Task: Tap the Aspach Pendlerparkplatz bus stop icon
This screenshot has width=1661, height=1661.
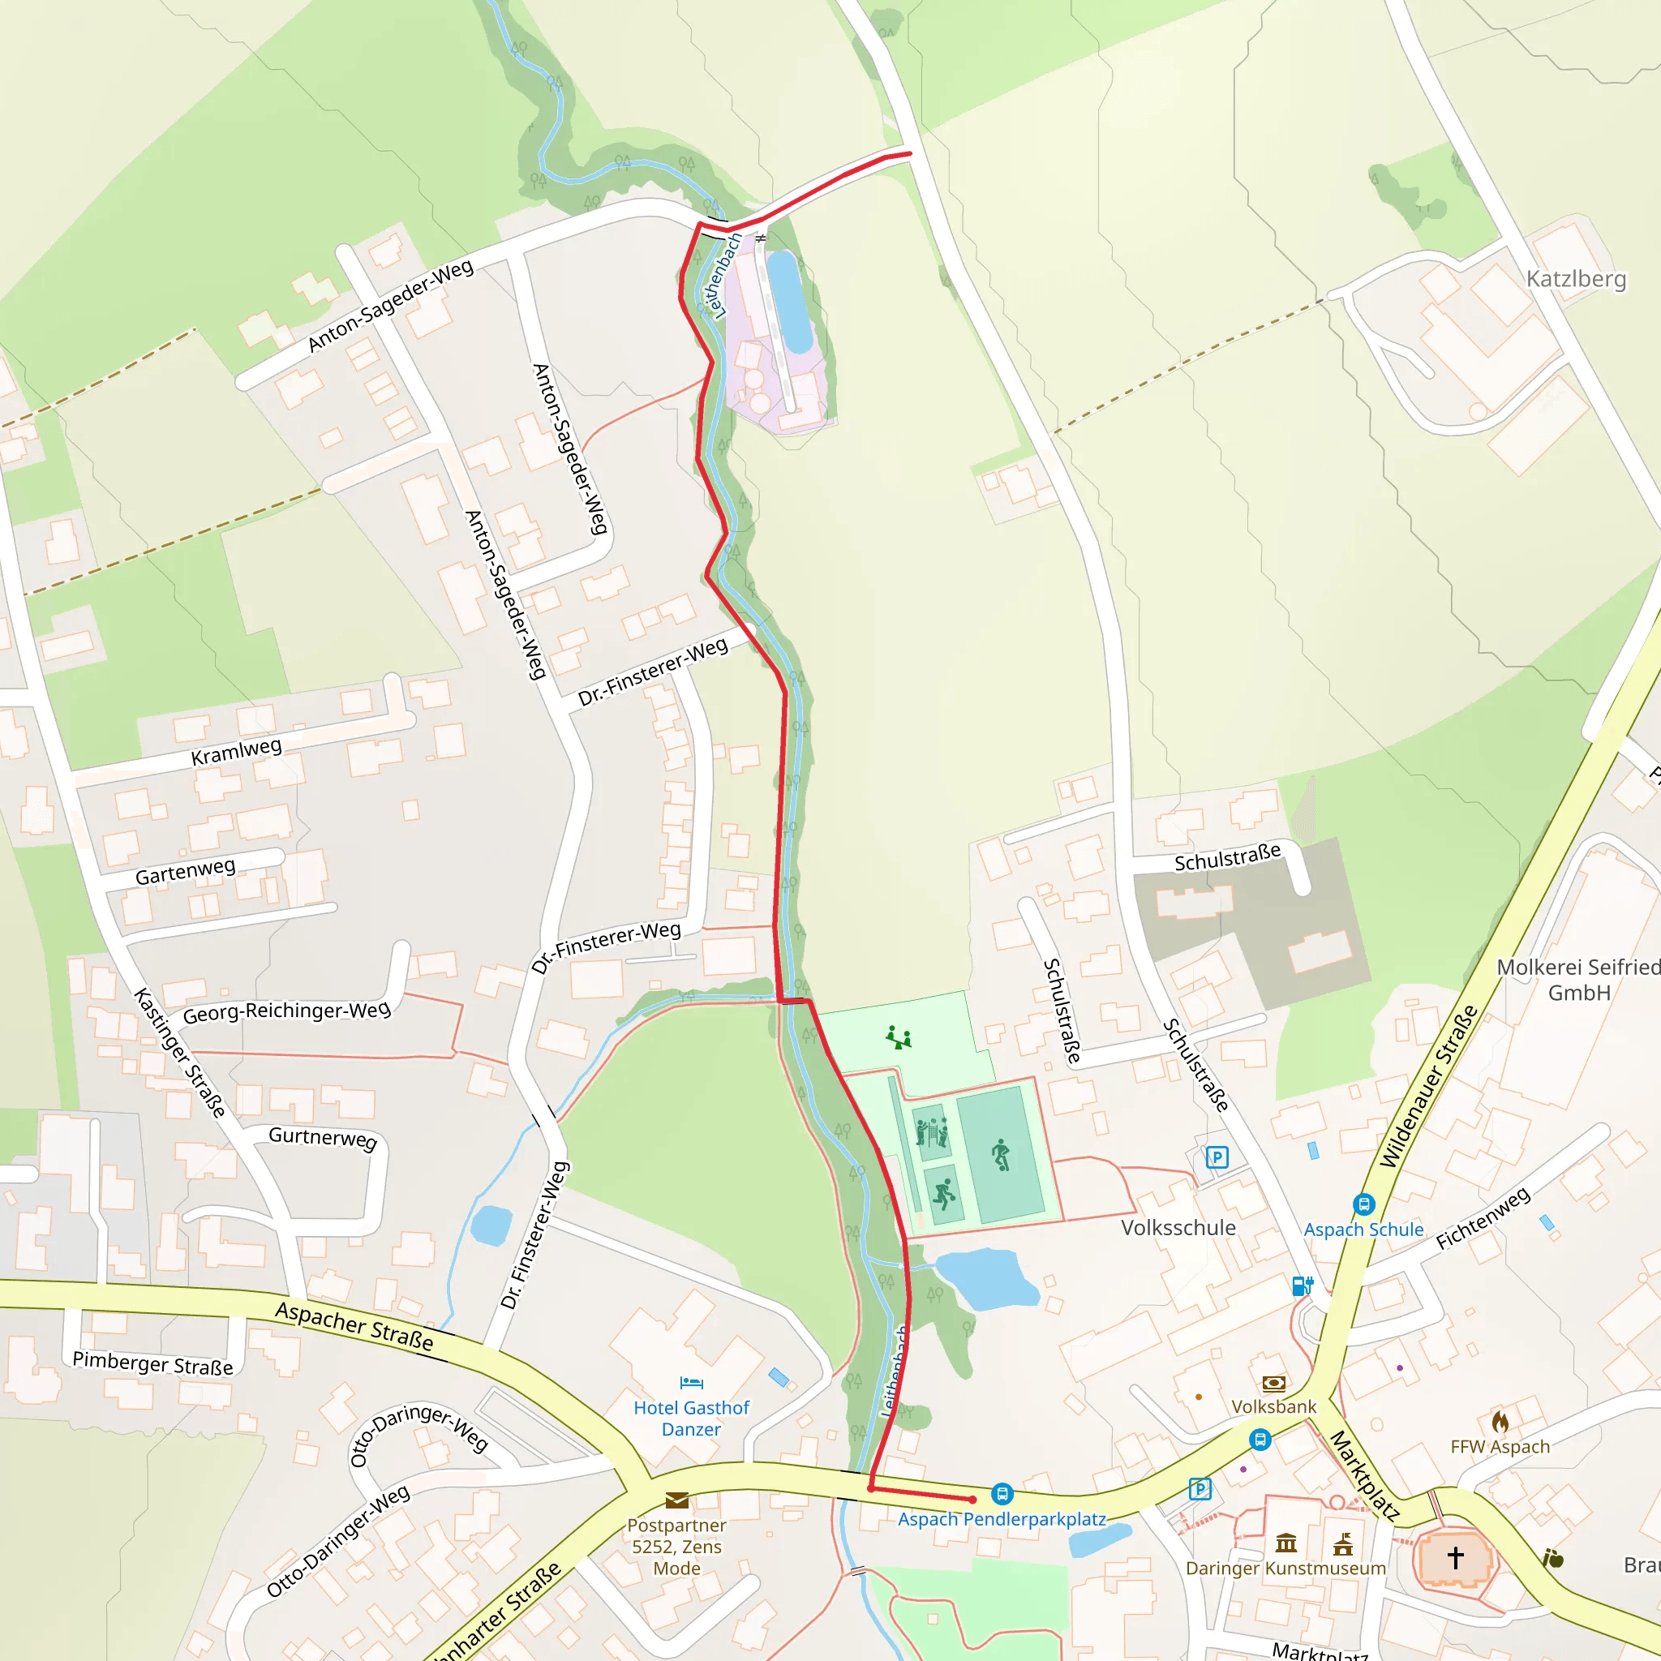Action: click(x=1002, y=1493)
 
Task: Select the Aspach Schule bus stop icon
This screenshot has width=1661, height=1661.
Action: click(x=1363, y=1204)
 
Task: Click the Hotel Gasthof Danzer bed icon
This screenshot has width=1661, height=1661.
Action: click(x=691, y=1384)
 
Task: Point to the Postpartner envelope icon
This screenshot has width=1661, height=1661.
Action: click(x=676, y=1500)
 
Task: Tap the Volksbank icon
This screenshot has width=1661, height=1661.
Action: click(x=1273, y=1384)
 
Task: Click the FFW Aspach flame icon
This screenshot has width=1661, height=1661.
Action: click(x=1500, y=1422)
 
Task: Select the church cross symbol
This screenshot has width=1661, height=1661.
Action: click(x=1455, y=1557)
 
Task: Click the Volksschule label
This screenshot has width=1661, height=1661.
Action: click(x=1178, y=1228)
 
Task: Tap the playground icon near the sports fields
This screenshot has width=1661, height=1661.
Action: click(x=899, y=1037)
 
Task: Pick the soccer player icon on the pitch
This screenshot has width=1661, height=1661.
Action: click(x=1000, y=1155)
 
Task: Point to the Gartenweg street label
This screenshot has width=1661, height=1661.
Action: click(x=185, y=872)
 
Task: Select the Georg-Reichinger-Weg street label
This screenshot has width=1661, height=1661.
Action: click(x=286, y=1011)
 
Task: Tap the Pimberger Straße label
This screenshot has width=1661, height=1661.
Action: click(x=152, y=1363)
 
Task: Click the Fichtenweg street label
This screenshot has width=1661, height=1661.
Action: click(x=1483, y=1217)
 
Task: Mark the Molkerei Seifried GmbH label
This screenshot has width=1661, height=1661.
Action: click(x=1578, y=979)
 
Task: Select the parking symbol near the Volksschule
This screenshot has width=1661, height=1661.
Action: click(x=1217, y=1157)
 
